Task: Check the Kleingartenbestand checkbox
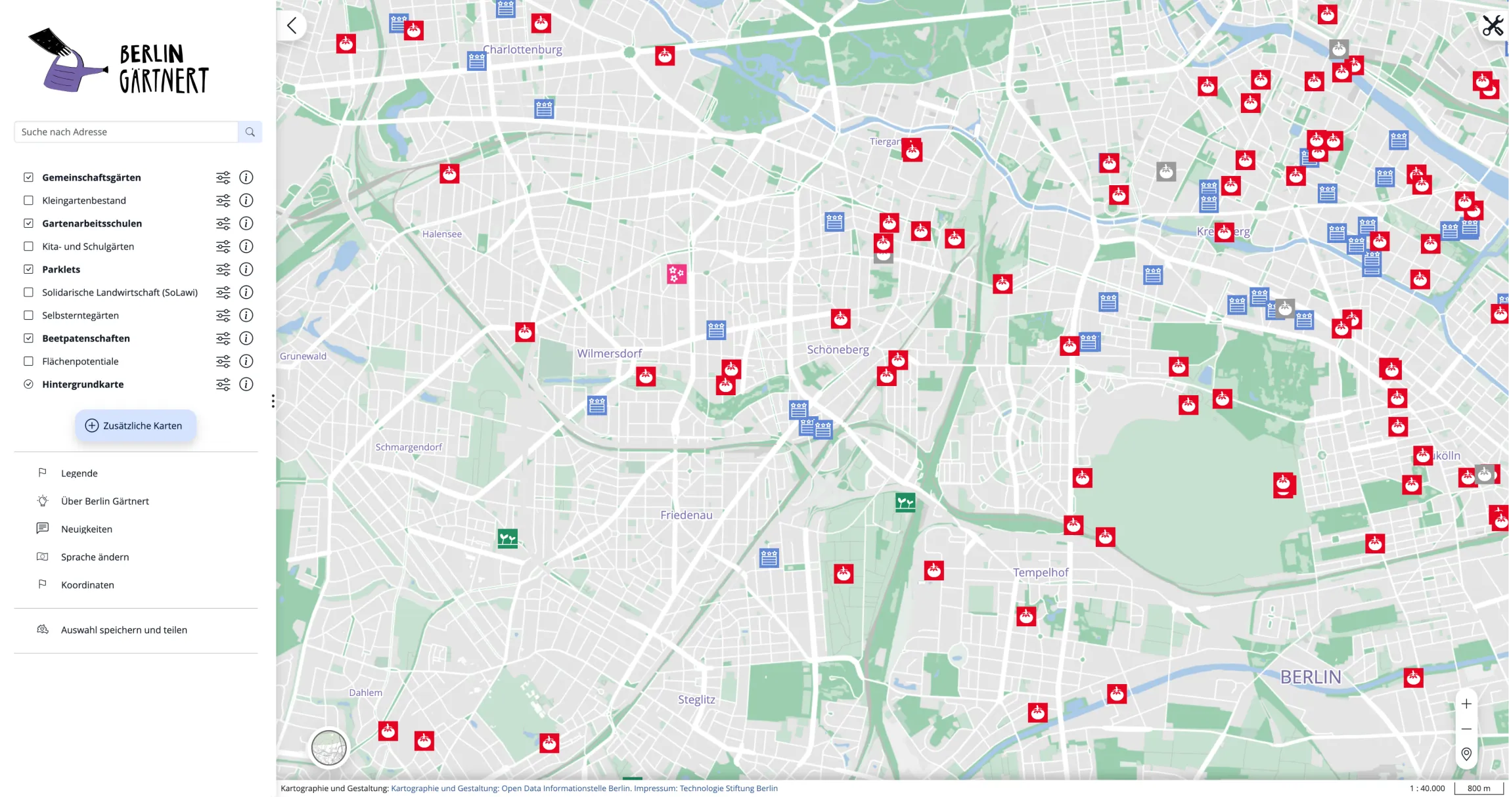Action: coord(28,200)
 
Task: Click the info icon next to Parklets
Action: coord(246,269)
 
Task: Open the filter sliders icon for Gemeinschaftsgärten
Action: coord(223,177)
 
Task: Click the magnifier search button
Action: coord(250,132)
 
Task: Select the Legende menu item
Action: coord(79,473)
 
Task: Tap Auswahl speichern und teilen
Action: coord(124,630)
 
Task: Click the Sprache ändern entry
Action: coord(95,557)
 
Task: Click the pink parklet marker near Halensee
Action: coord(676,274)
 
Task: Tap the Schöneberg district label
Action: coord(838,349)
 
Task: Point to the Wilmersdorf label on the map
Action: coord(609,353)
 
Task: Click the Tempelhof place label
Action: coord(1041,572)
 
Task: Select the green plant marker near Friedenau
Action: coord(905,503)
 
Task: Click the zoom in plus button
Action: coord(1466,704)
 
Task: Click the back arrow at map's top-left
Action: coord(292,26)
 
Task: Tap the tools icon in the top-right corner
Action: coord(1493,26)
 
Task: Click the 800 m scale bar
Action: coord(1478,788)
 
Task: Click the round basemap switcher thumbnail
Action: coord(328,748)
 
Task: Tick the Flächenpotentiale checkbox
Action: coord(28,361)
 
